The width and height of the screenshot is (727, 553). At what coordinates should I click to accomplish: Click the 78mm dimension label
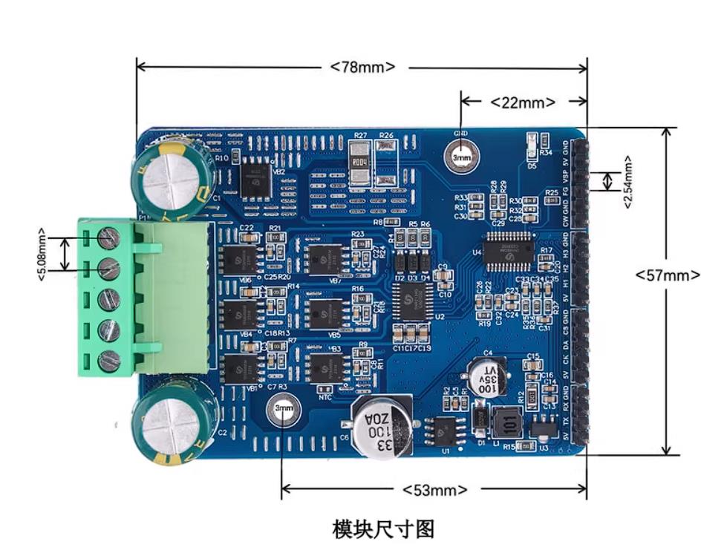click(x=363, y=68)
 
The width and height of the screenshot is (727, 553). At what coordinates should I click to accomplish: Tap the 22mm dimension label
click(x=524, y=102)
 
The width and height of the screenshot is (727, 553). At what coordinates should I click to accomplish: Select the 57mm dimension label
click(x=667, y=275)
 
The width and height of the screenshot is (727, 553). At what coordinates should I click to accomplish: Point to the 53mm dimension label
click(x=435, y=490)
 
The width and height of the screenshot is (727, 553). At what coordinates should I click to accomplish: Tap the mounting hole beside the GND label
click(x=462, y=157)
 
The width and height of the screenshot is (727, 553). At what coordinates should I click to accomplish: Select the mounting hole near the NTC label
click(x=284, y=408)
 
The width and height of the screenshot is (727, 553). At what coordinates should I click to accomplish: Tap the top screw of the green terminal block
click(x=109, y=238)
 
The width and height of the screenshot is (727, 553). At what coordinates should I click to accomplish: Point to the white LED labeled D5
click(x=532, y=145)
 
